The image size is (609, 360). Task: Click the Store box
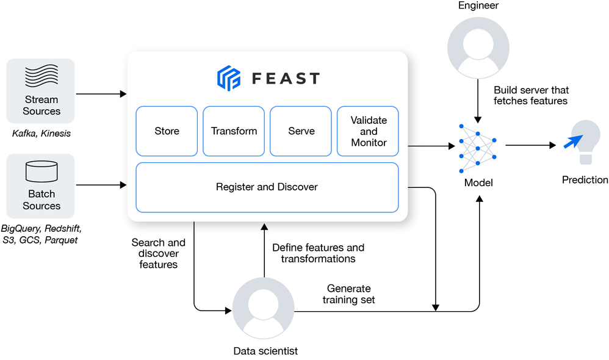tap(167, 131)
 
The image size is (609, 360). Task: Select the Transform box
tap(234, 131)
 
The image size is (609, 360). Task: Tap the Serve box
tap(301, 131)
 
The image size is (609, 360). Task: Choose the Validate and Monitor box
tap(368, 131)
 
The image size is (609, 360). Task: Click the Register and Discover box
tap(267, 187)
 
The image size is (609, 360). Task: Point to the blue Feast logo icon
tap(229, 78)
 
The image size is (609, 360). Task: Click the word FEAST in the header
tap(286, 79)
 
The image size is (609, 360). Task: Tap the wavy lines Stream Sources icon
tap(41, 77)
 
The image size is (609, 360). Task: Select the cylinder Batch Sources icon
tap(41, 172)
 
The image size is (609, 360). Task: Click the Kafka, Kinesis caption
tap(41, 133)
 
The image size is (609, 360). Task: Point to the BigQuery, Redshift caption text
tap(41, 228)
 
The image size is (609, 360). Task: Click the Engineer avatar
tap(478, 46)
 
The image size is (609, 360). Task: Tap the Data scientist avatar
tap(264, 308)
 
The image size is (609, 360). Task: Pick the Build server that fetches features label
tap(530, 96)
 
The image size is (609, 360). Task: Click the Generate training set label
tap(348, 294)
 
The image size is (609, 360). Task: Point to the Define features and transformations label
tap(318, 253)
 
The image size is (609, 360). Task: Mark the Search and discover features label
tap(158, 253)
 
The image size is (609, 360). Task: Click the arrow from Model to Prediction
tap(530, 145)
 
